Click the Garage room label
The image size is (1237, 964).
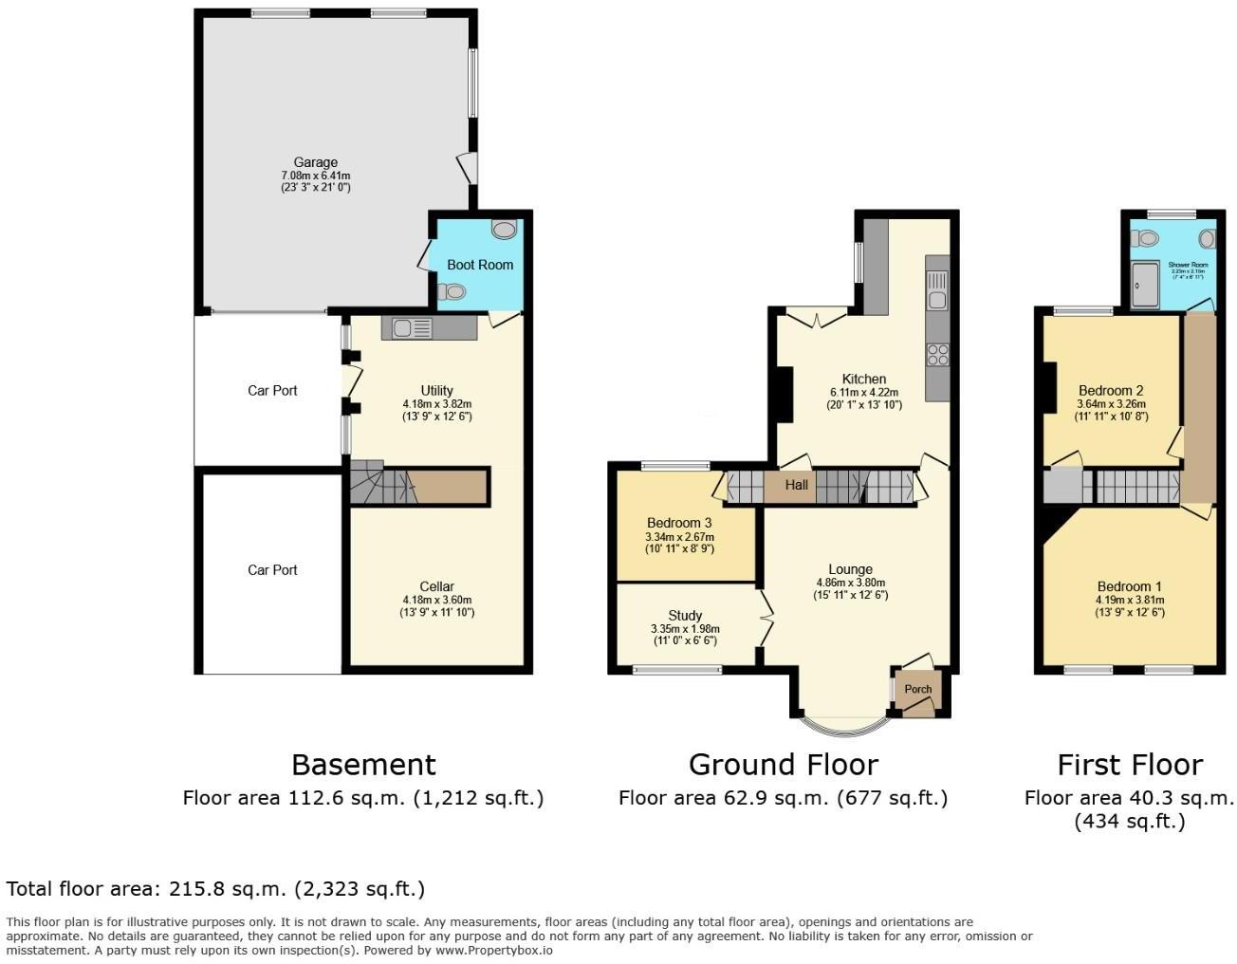pyautogui.click(x=315, y=162)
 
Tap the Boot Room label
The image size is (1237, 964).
pyautogui.click(x=480, y=265)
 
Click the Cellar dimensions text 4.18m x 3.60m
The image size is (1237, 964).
pyautogui.click(x=436, y=600)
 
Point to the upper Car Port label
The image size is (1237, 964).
pyautogui.click(x=272, y=390)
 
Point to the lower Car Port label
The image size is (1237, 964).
pyautogui.click(x=272, y=569)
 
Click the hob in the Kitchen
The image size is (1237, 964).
pyautogui.click(x=937, y=355)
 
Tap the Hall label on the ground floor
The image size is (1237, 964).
pyautogui.click(x=796, y=486)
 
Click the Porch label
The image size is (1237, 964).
pyautogui.click(x=917, y=689)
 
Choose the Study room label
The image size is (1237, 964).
pyautogui.click(x=685, y=616)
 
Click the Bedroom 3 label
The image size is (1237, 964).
pyautogui.click(x=679, y=523)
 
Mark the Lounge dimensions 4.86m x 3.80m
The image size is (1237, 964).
pyautogui.click(x=850, y=583)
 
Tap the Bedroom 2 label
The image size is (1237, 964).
pyautogui.click(x=1111, y=390)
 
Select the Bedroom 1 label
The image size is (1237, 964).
pyautogui.click(x=1129, y=586)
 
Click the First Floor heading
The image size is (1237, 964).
pyautogui.click(x=1130, y=765)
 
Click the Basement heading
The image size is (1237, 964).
pyautogui.click(x=363, y=765)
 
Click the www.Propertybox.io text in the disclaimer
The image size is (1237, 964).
pyautogui.click(x=493, y=949)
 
